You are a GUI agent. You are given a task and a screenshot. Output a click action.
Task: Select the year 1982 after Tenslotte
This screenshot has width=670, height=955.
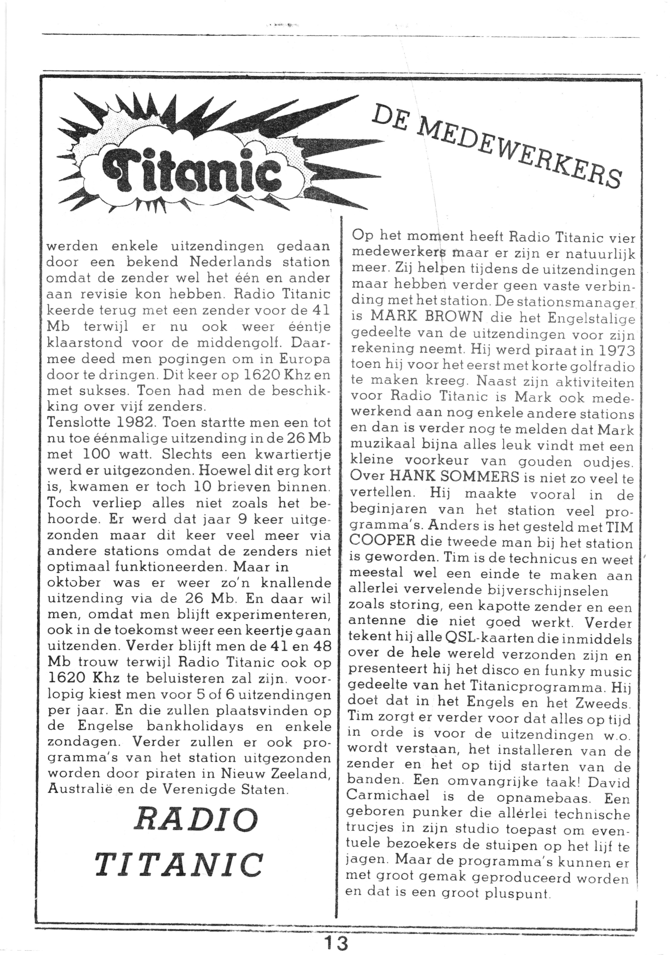pos(133,422)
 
